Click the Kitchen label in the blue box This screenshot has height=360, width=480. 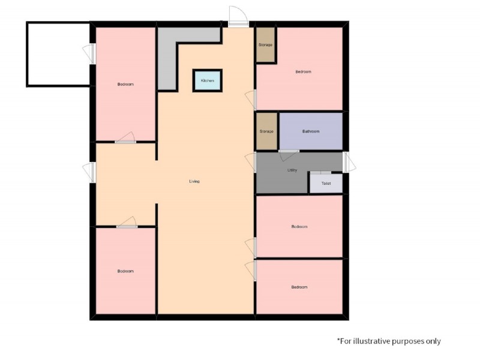tap(207, 80)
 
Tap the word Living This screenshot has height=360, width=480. tap(194, 181)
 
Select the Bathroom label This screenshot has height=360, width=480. tap(311, 131)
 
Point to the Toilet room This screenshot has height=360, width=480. tap(326, 184)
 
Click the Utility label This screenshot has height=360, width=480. tap(292, 170)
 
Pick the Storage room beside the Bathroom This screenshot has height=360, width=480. tap(266, 131)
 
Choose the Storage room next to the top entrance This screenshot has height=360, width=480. tap(265, 45)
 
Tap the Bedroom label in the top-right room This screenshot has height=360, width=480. tap(304, 72)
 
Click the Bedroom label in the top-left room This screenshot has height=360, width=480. tap(125, 85)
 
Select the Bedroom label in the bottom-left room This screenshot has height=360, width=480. tap(125, 271)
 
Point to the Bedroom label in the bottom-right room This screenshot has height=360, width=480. tap(299, 287)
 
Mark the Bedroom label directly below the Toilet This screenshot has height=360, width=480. tap(299, 227)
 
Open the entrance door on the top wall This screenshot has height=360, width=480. tap(238, 18)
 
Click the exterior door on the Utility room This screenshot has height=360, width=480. tap(349, 161)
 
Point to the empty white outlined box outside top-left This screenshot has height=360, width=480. tap(58, 54)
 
